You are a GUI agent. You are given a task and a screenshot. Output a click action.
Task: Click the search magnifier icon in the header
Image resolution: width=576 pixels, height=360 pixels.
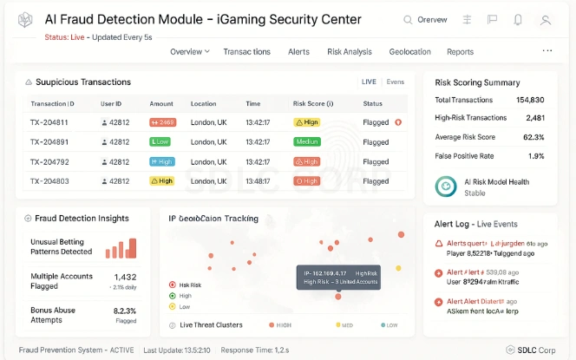409,20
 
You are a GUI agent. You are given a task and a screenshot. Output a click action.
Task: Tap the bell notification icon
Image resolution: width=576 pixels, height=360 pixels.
518,20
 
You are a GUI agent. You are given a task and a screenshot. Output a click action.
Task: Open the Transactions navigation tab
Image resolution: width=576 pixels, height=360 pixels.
246,52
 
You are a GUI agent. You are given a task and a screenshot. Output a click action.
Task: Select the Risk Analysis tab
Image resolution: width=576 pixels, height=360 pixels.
350,52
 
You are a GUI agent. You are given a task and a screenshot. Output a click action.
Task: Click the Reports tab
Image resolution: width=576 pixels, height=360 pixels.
460,52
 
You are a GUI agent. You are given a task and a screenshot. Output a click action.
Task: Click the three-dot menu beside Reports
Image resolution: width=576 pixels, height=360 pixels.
547,51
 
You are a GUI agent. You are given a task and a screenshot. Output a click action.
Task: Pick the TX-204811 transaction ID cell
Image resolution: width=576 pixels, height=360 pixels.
49,122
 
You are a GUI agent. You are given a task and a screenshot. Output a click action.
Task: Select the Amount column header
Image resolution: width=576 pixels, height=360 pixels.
161,104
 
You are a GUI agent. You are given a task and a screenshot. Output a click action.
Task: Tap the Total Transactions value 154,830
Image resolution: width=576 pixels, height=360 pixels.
529,101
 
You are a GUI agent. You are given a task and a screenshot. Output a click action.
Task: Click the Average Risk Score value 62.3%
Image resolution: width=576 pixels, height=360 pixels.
533,137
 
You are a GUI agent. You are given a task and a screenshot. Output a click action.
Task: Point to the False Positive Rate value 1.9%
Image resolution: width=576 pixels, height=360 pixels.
536,156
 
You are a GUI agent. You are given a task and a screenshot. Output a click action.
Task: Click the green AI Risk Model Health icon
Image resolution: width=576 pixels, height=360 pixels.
446,185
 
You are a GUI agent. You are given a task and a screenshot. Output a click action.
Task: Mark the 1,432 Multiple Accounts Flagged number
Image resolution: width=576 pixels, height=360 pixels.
125,277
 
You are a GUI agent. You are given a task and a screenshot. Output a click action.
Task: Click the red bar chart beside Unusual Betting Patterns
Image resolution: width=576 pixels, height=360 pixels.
121,248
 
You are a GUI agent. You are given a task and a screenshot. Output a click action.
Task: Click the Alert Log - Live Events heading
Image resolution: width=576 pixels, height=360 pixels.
476,225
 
